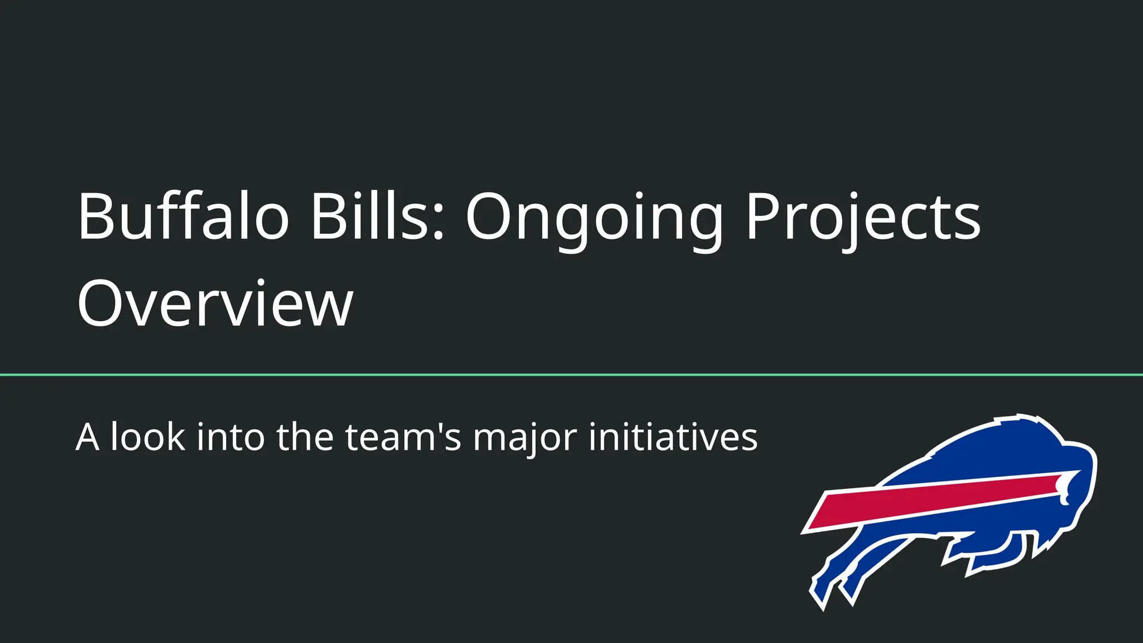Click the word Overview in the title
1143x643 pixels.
(215, 304)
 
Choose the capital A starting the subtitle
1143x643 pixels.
(88, 437)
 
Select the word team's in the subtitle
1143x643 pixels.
(403, 437)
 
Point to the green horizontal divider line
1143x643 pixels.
(571, 375)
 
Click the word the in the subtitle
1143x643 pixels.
(304, 437)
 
